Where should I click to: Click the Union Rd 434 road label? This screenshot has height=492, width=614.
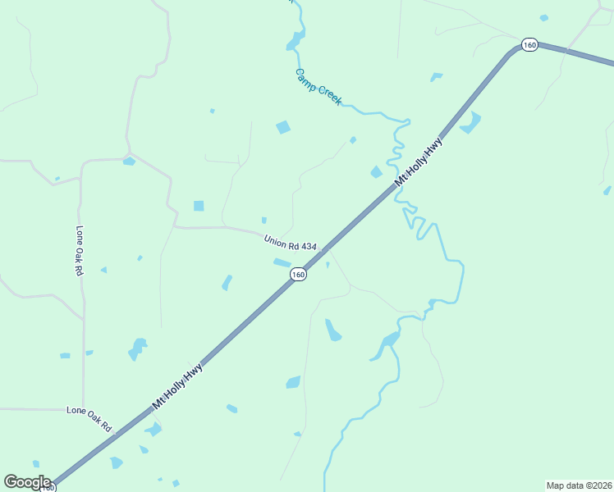[x=290, y=244]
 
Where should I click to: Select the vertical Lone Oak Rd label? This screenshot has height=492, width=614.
[x=80, y=250]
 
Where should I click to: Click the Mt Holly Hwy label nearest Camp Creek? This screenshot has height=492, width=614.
[x=419, y=162]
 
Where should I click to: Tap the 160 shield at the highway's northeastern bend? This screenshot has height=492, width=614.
[x=529, y=45]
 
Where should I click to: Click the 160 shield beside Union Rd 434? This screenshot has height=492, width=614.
[x=298, y=275]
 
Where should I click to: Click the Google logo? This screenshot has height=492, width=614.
[x=27, y=482]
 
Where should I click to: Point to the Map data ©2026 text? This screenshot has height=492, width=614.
[x=578, y=485]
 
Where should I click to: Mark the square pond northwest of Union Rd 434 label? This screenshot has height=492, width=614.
[x=199, y=206]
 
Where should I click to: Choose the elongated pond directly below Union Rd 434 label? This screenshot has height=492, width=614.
[x=282, y=262]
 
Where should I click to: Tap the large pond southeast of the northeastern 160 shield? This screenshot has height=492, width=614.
[x=470, y=123]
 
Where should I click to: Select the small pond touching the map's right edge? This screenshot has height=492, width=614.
[x=607, y=190]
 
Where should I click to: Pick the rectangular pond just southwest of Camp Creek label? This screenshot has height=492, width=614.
[x=283, y=127]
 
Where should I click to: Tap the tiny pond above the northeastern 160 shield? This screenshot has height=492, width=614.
[x=543, y=17]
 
